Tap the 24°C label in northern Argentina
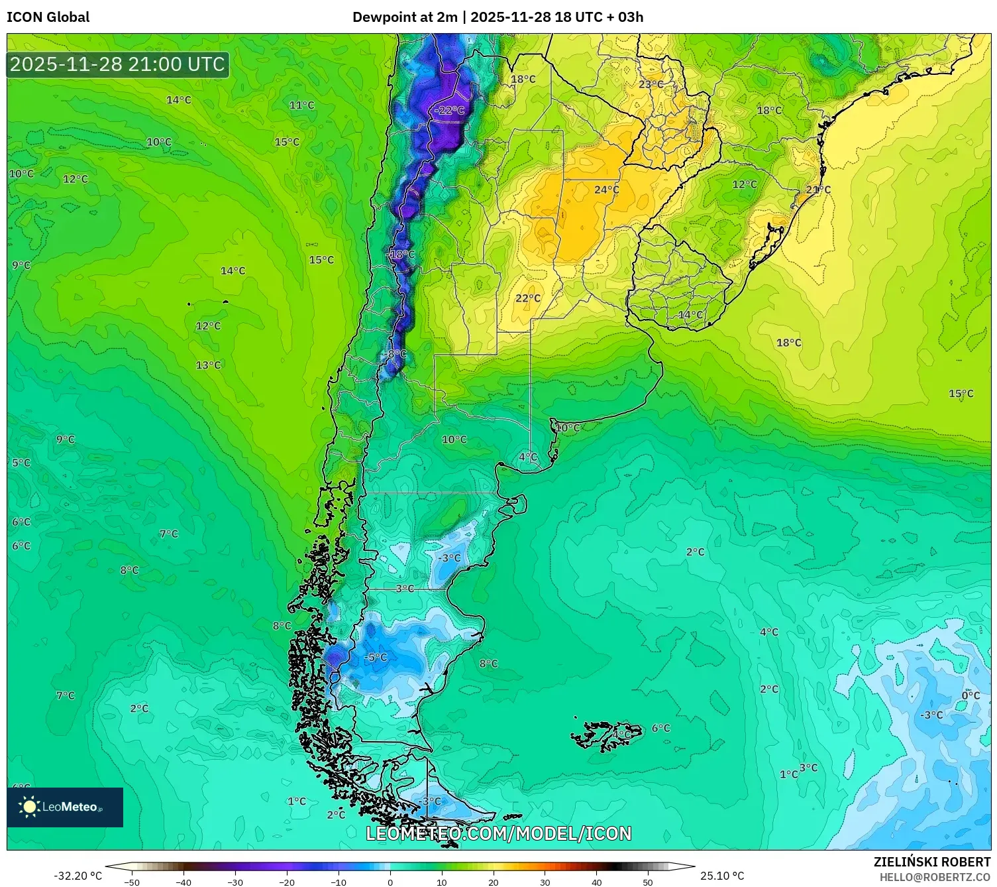(606, 190)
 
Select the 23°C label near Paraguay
(651, 84)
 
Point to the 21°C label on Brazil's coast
(818, 190)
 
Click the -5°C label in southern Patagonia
(376, 657)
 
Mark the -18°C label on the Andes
(401, 255)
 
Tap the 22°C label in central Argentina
(528, 298)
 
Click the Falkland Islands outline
(605, 735)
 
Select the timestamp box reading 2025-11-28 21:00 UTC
(118, 64)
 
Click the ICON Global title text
(48, 17)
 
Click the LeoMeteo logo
(65, 807)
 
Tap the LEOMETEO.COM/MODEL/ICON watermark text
(498, 833)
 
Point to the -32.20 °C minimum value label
(78, 876)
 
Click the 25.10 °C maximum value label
(722, 876)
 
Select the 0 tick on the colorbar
(390, 882)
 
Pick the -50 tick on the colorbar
(132, 882)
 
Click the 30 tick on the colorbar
(545, 882)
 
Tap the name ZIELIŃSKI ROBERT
(931, 862)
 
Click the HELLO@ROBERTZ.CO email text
(935, 877)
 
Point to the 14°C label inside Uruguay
(690, 315)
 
